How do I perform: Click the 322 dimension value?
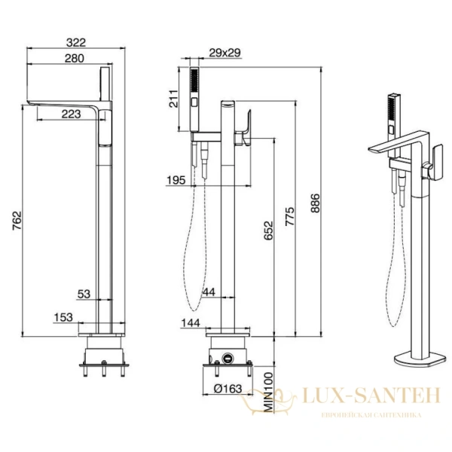[x=76, y=43]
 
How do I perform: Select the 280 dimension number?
[x=75, y=59]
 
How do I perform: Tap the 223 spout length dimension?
[x=72, y=115]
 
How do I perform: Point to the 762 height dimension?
[x=17, y=221]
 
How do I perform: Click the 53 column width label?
[x=84, y=294]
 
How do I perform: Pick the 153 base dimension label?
[x=63, y=317]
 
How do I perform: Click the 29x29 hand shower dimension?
[x=224, y=53]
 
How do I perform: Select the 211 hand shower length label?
[x=173, y=99]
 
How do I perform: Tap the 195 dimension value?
[x=176, y=181]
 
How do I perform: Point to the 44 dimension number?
[x=209, y=292]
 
